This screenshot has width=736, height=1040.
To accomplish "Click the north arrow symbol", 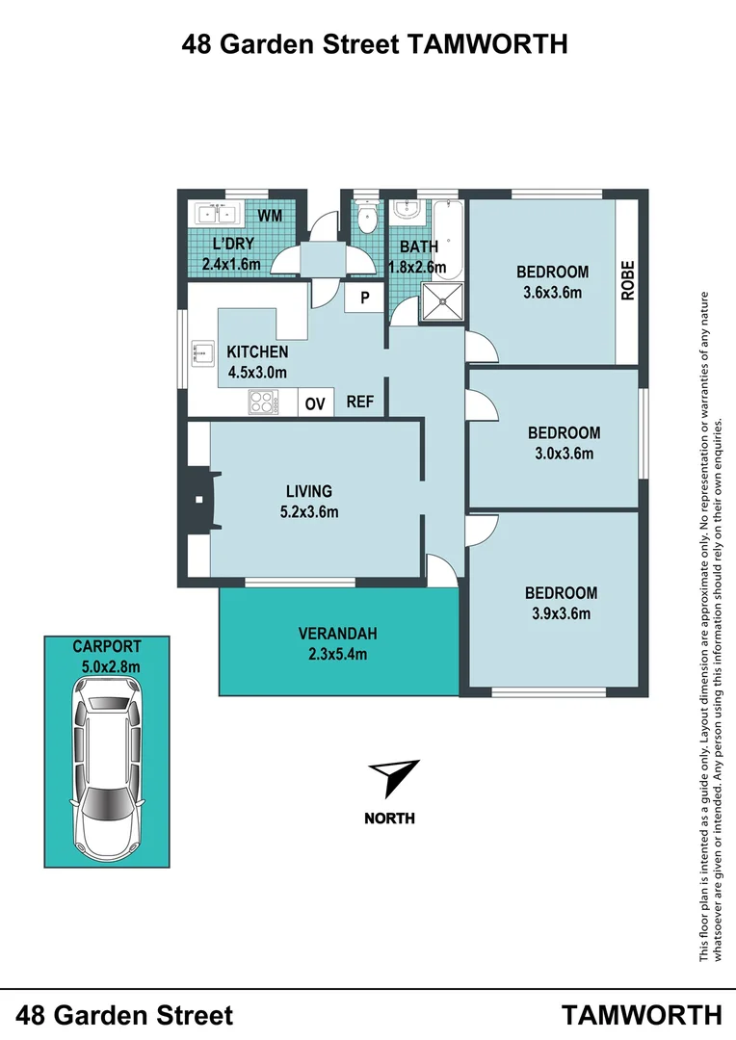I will click(x=394, y=777).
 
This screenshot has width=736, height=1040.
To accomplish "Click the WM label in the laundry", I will click(x=270, y=216).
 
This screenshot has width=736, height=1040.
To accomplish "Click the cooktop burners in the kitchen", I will click(x=262, y=402).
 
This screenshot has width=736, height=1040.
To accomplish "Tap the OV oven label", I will click(x=315, y=403).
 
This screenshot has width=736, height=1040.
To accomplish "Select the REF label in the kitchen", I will click(x=360, y=403).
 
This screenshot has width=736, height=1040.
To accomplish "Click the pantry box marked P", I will click(x=364, y=298).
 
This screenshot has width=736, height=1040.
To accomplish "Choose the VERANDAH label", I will click(x=337, y=634).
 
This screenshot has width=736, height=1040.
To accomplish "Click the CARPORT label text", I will click(x=107, y=646).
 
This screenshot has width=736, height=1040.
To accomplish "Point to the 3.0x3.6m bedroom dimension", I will click(x=564, y=454).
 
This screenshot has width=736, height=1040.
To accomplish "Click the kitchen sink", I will click(x=203, y=353).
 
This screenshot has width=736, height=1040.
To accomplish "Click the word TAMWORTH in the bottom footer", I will click(x=642, y=1015).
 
